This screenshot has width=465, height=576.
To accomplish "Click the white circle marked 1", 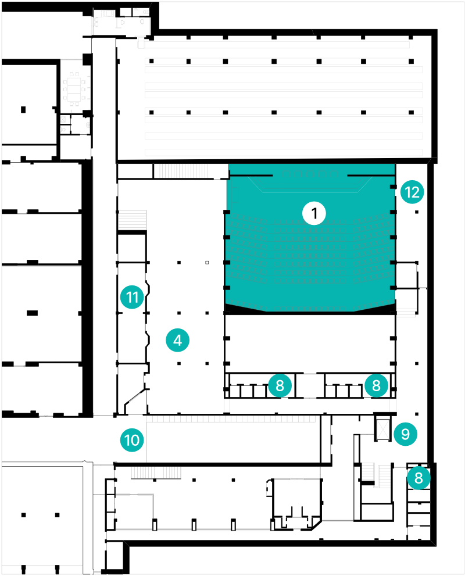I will tap(314, 213).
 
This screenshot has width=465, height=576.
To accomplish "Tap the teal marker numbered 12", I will tap(412, 192).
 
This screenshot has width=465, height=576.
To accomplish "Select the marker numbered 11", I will tap(132, 298).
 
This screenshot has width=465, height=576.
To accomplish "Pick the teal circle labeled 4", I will tap(177, 341).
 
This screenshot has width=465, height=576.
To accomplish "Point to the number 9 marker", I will tap(405, 434).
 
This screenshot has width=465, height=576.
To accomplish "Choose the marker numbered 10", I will tap(132, 440).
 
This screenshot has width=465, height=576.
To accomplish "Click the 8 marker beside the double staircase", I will tap(419, 478).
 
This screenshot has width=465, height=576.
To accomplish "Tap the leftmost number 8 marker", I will tap(280, 385).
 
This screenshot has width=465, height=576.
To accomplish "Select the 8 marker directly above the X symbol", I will tap(376, 385).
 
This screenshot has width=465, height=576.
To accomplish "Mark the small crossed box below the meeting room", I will tap(63, 119).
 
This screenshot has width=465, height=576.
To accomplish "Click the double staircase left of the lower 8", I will tap(376, 474).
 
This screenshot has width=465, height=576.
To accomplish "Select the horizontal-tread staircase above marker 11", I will tap(133, 220).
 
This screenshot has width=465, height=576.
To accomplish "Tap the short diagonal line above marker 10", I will tap(135, 398).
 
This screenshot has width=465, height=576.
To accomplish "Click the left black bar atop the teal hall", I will tap(251, 174).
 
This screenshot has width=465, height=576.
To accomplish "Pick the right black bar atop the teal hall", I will tap(371, 174).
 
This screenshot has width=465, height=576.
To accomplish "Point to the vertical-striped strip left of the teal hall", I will tap(183, 171).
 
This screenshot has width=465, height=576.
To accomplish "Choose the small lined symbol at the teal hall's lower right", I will tap(406, 313).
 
